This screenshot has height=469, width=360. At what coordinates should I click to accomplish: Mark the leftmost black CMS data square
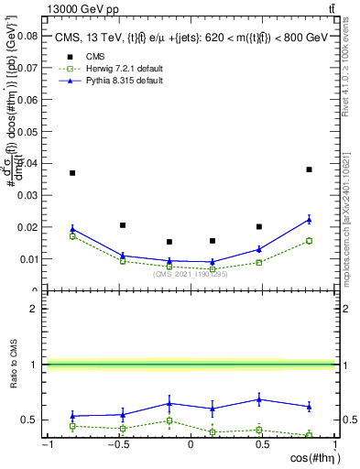[72, 173]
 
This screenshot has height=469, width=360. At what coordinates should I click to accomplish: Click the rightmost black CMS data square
[309, 169]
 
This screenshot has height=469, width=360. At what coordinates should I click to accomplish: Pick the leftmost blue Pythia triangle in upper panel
[72, 229]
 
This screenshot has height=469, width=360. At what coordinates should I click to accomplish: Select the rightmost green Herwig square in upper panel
[309, 241]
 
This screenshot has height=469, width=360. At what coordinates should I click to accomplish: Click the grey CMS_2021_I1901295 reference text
[190, 274]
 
